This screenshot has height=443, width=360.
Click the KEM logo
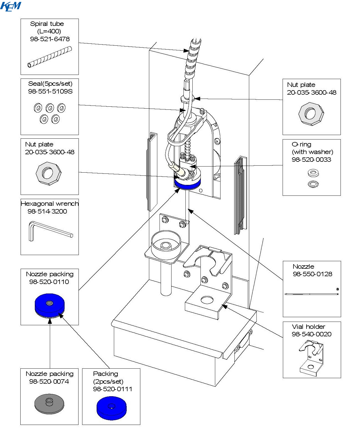11,6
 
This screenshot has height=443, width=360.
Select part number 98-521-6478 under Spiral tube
50,39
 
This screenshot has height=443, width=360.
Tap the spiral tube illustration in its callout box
50,57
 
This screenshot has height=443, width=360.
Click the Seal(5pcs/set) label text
50,84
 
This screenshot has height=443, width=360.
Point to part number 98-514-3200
47,211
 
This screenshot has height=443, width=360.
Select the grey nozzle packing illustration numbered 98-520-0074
49,404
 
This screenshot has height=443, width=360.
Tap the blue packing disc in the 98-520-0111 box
111,408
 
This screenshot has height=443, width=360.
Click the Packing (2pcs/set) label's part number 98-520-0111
112,389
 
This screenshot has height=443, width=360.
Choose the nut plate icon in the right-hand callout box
311,114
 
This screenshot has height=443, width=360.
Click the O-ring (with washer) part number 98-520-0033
311,160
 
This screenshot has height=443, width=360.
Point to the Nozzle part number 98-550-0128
312,274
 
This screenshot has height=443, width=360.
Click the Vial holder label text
308,327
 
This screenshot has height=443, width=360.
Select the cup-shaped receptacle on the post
166,245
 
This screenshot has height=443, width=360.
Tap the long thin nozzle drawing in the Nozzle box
311,294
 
